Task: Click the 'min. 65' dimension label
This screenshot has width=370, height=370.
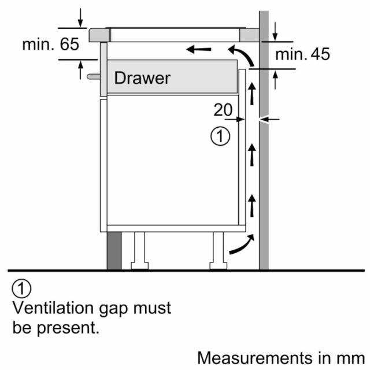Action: (50, 45)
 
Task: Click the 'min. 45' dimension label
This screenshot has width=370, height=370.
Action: (302, 54)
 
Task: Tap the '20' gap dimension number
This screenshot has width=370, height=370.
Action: (223, 110)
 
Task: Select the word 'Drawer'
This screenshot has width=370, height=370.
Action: (142, 78)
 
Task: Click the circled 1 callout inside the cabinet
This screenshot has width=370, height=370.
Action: (220, 136)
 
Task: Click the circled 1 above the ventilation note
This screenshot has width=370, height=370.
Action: (21, 288)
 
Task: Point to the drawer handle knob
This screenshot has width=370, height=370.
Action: (94, 76)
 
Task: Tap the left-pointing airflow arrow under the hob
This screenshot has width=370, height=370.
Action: (199, 49)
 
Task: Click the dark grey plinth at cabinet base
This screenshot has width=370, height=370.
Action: (114, 250)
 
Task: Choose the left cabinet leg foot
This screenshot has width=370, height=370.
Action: (140, 266)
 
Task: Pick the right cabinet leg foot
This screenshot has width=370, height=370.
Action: (219, 266)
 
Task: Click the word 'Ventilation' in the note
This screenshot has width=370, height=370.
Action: (53, 308)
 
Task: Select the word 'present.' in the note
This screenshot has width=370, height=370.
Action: (68, 328)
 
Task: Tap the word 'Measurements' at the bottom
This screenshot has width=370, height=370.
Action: (256, 358)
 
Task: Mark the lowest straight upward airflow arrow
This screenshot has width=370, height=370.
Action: (252, 206)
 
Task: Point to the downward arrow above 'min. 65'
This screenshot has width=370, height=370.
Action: (80, 18)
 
